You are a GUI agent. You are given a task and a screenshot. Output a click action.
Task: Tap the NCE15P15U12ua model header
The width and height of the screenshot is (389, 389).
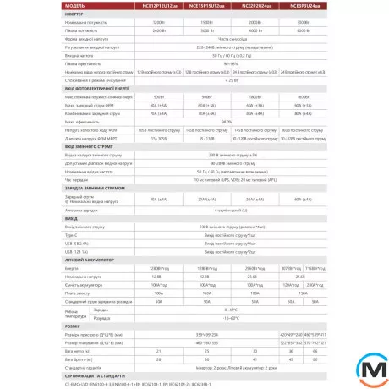pyautogui.click(x=207, y=6)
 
